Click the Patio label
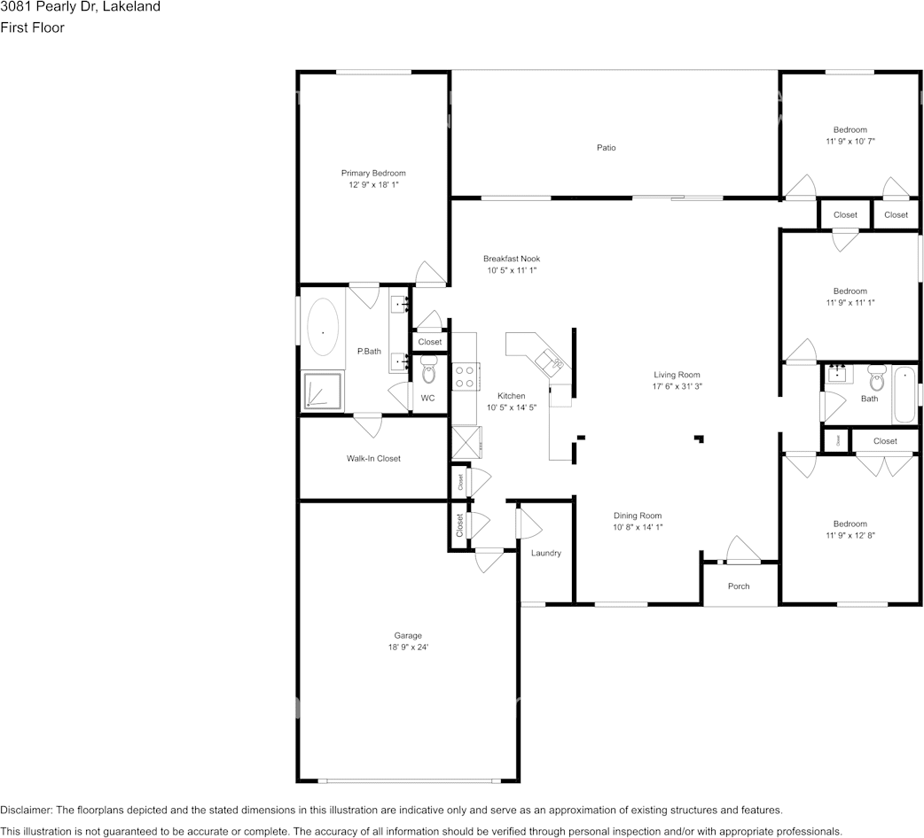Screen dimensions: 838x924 click(606, 148)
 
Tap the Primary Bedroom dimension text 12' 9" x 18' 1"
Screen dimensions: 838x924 click(373, 184)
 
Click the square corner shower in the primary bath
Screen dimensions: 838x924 click(323, 391)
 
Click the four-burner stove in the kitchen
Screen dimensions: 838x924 click(465, 376)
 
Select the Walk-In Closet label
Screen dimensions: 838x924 click(373, 459)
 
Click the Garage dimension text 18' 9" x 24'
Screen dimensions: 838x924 click(408, 647)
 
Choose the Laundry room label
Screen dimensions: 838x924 click(546, 554)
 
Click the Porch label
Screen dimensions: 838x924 click(739, 586)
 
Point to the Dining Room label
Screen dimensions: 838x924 click(638, 516)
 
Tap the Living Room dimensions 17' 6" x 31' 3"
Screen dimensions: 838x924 click(677, 386)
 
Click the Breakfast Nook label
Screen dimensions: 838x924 click(511, 259)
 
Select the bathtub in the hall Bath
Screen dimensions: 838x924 click(902, 395)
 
